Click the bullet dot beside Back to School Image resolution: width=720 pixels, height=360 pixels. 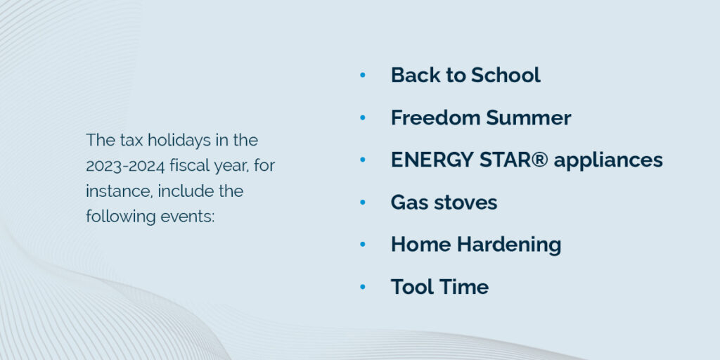coord(363,75)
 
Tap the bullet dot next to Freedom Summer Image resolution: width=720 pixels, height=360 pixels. coord(363,118)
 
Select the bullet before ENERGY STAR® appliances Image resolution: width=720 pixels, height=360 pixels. coord(363,160)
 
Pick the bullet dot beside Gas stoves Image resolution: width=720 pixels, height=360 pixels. coord(363,202)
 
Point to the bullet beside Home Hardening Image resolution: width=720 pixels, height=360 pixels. coord(363,245)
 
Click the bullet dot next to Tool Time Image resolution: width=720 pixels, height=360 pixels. coord(363,287)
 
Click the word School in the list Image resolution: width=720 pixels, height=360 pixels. coord(506,75)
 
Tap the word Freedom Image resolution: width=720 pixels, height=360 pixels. coord(435,118)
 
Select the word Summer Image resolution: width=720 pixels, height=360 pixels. coord(529,118)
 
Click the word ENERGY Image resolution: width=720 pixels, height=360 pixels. coord(432,160)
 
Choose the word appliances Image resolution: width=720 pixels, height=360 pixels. coord(608,161)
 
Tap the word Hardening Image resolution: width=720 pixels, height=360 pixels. coord(509,245)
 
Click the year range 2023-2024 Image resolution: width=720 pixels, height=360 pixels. coord(125,166)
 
